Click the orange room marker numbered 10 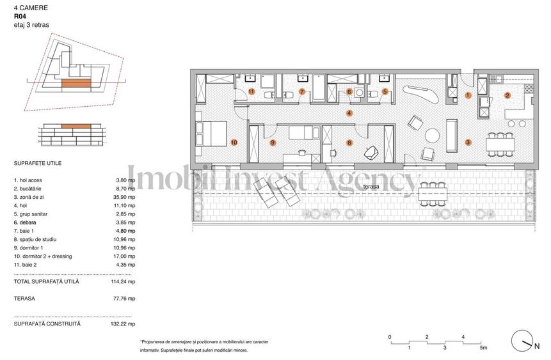click(234, 143)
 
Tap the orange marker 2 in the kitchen click(507, 96)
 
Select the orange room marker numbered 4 click(349, 113)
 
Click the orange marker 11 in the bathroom click(252, 92)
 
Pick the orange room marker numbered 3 click(468, 143)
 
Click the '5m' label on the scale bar click(483, 348)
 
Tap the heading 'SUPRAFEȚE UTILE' click(38, 164)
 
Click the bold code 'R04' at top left click(20, 17)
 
